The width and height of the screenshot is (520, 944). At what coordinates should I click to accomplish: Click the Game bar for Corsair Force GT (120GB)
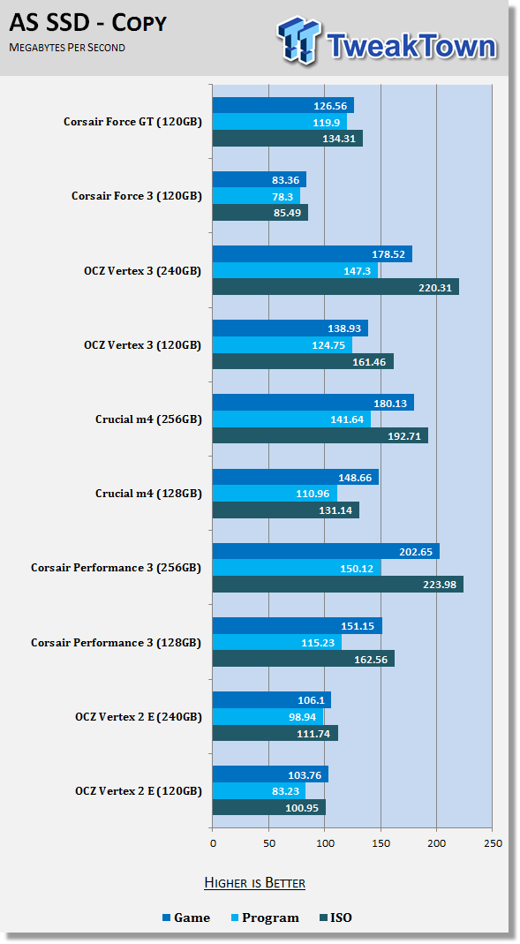pos(283,105)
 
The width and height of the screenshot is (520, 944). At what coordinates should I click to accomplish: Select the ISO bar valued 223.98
pos(337,584)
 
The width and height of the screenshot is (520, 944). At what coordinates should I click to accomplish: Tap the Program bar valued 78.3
pos(256,196)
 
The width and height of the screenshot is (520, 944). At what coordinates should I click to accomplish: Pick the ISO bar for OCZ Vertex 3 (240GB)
pos(335,287)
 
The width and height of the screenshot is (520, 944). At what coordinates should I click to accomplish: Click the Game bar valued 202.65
pos(326,551)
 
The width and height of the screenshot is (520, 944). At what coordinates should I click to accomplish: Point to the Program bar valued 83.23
pos(259,790)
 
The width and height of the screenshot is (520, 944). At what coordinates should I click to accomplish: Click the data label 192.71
pos(403,436)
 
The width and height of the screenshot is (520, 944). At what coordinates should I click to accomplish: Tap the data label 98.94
pos(302,716)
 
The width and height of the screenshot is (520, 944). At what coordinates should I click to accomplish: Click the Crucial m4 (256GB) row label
pos(148,419)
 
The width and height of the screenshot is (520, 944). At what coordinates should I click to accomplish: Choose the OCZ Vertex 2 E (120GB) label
pos(139,790)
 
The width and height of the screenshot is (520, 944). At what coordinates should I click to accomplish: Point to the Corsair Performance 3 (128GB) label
pos(117,642)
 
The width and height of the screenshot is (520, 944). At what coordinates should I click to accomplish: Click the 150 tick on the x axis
pos(381,842)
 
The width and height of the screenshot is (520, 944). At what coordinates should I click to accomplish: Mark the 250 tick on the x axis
pos(493,842)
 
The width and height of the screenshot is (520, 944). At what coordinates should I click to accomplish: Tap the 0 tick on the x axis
pos(213,842)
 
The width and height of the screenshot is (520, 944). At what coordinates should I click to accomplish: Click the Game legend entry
pos(186,918)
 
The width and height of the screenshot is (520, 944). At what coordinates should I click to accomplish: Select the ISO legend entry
pos(335,918)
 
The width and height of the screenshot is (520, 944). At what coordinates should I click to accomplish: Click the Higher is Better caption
pos(254,882)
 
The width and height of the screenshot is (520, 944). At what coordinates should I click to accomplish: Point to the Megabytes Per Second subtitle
pos(67,47)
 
